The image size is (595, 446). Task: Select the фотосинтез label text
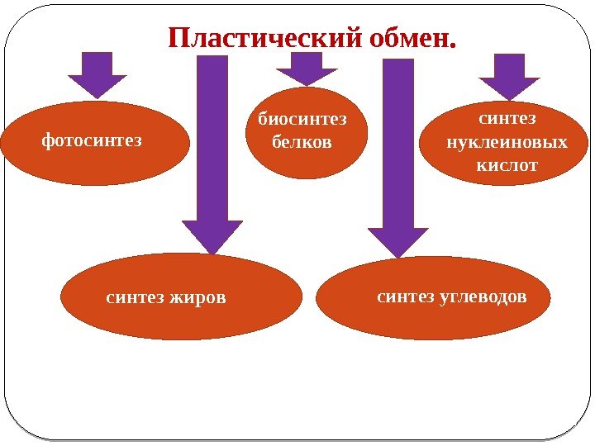92,140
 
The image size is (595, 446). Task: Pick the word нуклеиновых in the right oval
507,142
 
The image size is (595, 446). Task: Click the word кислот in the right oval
507,165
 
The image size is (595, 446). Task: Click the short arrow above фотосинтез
98,74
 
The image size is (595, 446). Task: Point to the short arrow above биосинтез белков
306,69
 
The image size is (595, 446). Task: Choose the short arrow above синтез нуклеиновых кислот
509,76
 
